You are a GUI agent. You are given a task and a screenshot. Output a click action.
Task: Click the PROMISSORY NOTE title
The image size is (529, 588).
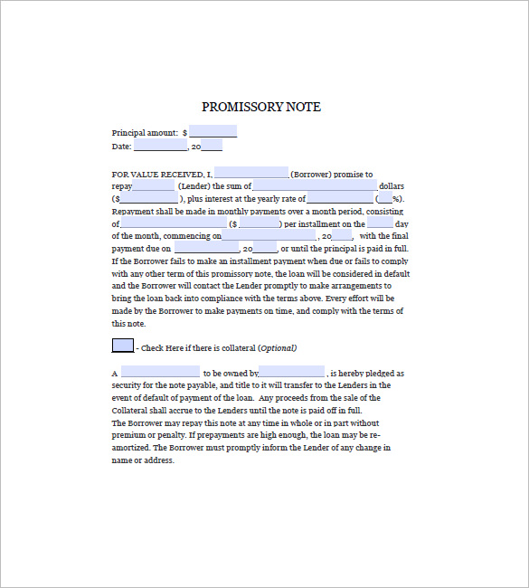[261, 108]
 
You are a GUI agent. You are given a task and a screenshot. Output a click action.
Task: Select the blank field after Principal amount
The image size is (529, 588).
[213, 132]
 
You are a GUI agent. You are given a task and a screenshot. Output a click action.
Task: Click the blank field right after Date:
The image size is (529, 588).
[160, 145]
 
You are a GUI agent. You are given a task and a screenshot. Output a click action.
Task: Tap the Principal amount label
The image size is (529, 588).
[145, 132]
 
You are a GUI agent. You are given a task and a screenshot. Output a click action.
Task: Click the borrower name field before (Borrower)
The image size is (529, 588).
[251, 174]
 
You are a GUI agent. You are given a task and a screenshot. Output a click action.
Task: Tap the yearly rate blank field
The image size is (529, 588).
[339, 198]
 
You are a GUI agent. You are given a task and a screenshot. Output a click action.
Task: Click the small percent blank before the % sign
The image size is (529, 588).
[385, 198]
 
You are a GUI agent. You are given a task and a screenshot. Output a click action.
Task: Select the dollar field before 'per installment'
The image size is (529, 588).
[257, 223]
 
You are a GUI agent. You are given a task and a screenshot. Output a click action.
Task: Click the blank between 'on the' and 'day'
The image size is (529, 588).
[381, 223]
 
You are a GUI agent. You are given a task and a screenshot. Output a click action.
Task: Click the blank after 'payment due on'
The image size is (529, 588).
[207, 248]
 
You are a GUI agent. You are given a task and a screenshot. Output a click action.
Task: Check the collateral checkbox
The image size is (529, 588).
[122, 346]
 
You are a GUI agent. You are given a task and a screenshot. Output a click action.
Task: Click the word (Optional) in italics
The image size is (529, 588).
[277, 348]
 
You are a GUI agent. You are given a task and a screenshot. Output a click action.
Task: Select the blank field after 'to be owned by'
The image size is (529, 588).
[292, 372]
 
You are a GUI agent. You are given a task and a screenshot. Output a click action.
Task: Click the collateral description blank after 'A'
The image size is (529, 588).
[160, 372]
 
